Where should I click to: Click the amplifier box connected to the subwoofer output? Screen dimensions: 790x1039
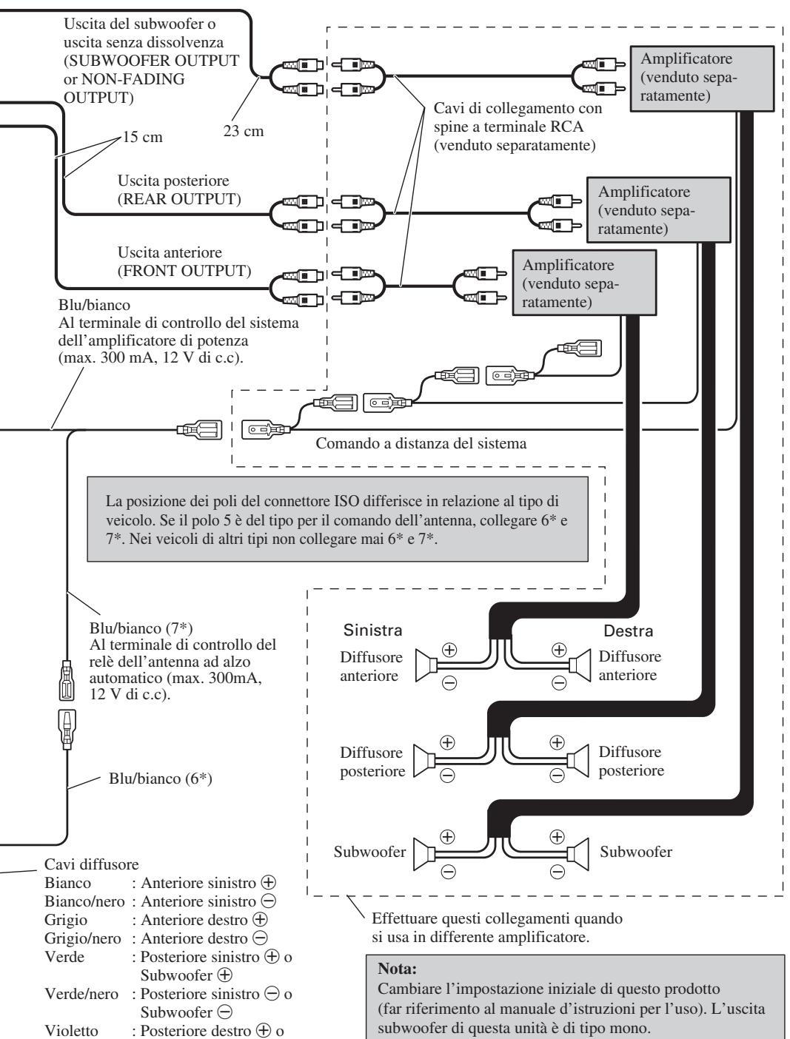pyautogui.click(x=701, y=78)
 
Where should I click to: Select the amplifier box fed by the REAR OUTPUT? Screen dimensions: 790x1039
pyautogui.click(x=658, y=210)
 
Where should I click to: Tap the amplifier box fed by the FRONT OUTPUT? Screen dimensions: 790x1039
pyautogui.click(x=584, y=283)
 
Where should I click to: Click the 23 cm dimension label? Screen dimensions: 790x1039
pyautogui.click(x=244, y=131)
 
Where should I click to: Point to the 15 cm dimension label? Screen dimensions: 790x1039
pyautogui.click(x=143, y=137)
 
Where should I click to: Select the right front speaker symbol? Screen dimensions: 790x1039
pyautogui.click(x=580, y=665)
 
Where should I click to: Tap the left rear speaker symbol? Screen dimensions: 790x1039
pyautogui.click(x=424, y=761)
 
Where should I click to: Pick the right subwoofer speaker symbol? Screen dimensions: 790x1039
pyautogui.click(x=578, y=854)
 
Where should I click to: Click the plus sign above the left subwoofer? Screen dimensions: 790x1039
pyautogui.click(x=448, y=836)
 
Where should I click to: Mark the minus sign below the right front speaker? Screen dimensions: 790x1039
pyautogui.click(x=559, y=682)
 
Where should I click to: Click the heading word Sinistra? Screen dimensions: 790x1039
pyautogui.click(x=372, y=630)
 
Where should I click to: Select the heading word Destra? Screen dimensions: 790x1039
pyautogui.click(x=628, y=631)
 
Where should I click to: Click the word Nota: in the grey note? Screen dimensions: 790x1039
pyautogui.click(x=397, y=969)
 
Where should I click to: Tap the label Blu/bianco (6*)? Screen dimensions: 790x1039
pyautogui.click(x=161, y=779)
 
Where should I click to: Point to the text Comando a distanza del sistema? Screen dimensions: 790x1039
pyautogui.click(x=421, y=443)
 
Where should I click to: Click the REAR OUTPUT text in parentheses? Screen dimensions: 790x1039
pyautogui.click(x=179, y=199)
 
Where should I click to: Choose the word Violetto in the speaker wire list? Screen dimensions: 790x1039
pyautogui.click(x=72, y=1030)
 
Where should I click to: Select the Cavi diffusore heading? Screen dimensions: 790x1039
pyautogui.click(x=91, y=864)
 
